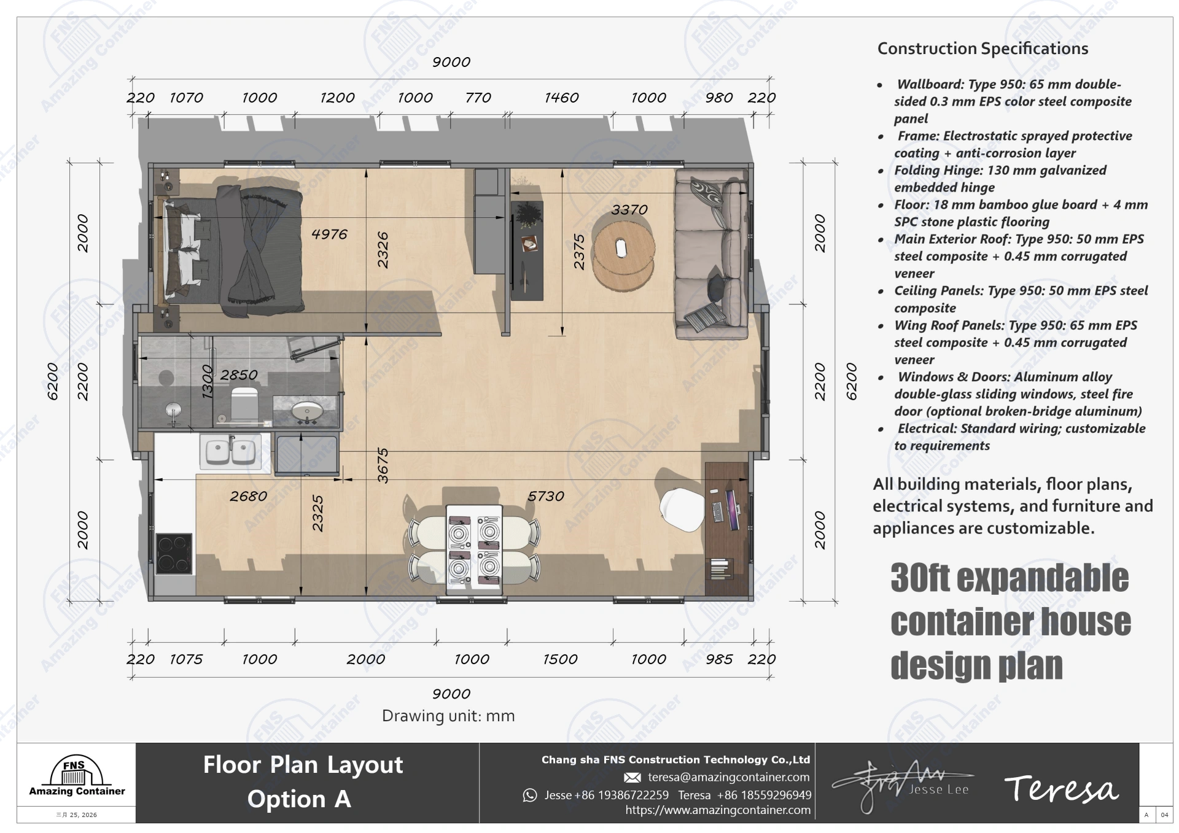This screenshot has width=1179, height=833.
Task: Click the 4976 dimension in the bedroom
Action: [329, 234]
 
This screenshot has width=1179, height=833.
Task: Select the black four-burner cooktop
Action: [174, 554]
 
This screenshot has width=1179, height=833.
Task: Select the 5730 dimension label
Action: [545, 496]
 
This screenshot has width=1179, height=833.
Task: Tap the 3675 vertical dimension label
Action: [383, 465]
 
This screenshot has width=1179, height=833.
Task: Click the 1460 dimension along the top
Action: [561, 98]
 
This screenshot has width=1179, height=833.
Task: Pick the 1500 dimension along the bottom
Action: [559, 659]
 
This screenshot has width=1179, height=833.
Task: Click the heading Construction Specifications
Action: [982, 48]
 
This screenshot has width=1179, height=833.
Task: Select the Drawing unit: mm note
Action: [448, 716]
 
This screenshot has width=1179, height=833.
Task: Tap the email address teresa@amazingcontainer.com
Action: [728, 777]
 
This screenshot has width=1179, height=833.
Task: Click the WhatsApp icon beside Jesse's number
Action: [529, 796]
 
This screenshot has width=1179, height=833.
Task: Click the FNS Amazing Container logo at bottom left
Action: [77, 776]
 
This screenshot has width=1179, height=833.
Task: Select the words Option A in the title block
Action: [298, 799]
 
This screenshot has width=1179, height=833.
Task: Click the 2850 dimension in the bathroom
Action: [238, 374]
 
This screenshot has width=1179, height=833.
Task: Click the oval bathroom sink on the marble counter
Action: [306, 412]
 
